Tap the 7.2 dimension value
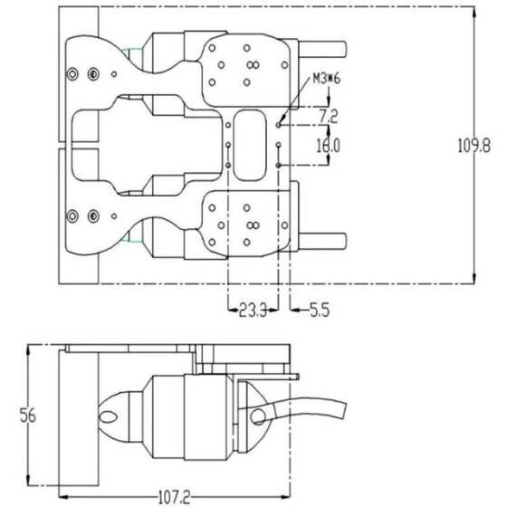[329, 118]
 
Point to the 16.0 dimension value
[328, 145]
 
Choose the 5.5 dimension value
[319, 311]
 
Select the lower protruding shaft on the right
[320, 241]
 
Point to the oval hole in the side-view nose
[110, 416]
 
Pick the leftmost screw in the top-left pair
[72, 72]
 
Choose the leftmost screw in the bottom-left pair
[72, 215]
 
